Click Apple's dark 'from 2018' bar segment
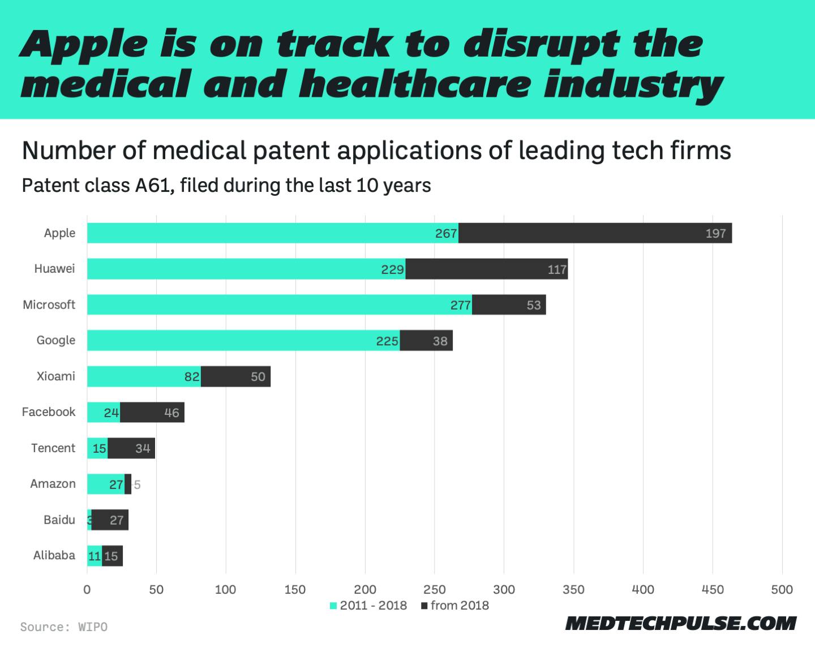coord(594,233)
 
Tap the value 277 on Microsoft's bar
coord(460,305)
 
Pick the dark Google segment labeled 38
coord(427,341)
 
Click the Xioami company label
coord(55,376)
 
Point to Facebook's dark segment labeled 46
coord(152,413)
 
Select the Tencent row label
coord(53,448)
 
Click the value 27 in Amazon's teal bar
coord(116,484)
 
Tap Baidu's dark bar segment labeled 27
coord(110,520)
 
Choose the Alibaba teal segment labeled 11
coord(94,556)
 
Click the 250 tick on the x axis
coord(434,590)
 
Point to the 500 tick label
coord(782,590)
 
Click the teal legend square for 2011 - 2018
coord(333,606)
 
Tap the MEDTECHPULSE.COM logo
coord(680,623)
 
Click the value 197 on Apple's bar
coord(715,233)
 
